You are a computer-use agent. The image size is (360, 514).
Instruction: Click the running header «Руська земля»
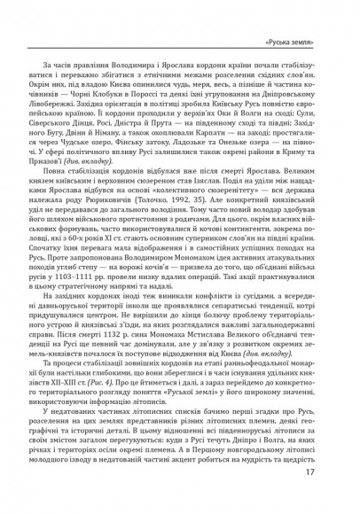301,43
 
